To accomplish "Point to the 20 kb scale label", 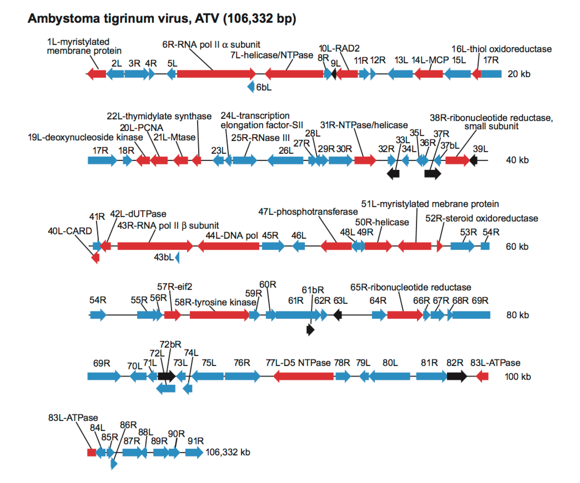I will [x=519, y=74].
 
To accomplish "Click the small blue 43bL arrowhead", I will [x=177, y=257].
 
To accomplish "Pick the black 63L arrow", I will [x=338, y=315].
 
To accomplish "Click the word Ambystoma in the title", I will [x=64, y=18].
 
